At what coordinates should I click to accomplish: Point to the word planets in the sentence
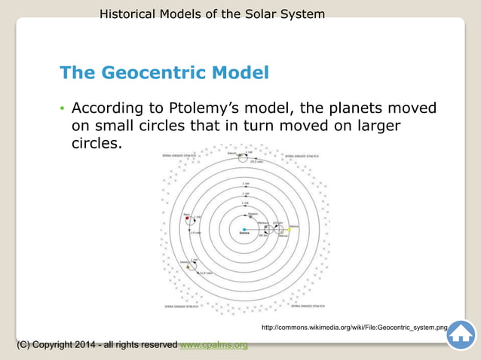(354, 107)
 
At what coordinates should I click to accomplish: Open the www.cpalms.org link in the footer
(214, 345)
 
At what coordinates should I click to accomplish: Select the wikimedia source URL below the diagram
(354, 328)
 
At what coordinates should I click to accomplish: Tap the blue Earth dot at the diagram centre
(244, 229)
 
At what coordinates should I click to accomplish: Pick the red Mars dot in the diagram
(186, 218)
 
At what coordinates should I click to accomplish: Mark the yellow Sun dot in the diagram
(289, 229)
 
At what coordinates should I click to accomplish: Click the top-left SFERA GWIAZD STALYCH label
(179, 156)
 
